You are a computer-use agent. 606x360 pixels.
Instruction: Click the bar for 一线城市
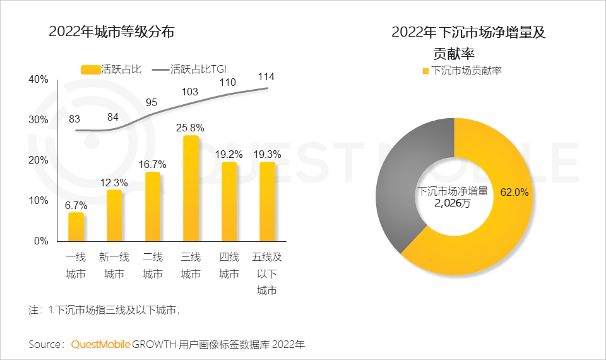tap(76, 227)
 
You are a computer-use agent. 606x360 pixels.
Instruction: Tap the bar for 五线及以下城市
tap(267, 201)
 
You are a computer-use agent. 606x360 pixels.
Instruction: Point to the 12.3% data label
tap(114, 182)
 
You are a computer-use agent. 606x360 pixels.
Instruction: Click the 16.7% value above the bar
tap(153, 164)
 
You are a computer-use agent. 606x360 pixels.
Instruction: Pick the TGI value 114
tap(266, 76)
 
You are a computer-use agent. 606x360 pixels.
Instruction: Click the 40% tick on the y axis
tap(39, 79)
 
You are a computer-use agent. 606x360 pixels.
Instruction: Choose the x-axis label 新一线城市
tap(114, 265)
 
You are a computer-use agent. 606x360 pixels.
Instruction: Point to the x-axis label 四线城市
tap(229, 265)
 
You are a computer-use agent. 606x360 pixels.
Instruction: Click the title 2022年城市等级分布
tap(111, 32)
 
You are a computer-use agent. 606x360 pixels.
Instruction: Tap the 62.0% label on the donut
tap(514, 191)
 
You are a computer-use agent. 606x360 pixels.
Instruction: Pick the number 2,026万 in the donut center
tap(452, 203)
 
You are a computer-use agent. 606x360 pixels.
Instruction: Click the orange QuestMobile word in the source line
tap(101, 344)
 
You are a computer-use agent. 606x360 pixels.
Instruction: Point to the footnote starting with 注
tap(105, 310)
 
